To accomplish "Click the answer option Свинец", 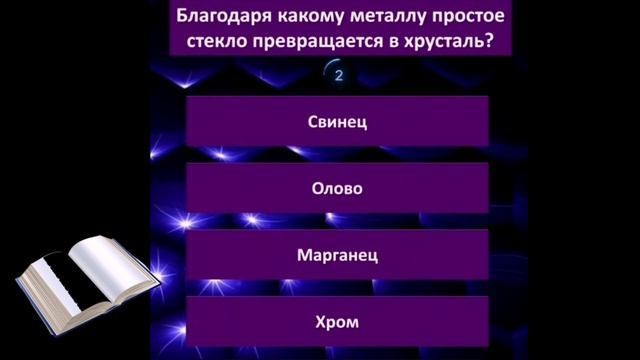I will click(337, 121).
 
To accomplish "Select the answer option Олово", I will click(337, 188).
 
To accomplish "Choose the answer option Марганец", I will click(337, 255).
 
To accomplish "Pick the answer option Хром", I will click(337, 322).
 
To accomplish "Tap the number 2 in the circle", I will click(340, 75).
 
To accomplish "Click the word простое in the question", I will click(469, 17).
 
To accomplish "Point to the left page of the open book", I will click(60, 275).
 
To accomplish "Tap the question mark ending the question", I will click(497, 43).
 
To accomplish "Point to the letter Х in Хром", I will click(320, 322).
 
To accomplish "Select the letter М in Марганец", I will click(304, 255).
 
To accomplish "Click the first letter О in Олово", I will click(317, 188).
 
